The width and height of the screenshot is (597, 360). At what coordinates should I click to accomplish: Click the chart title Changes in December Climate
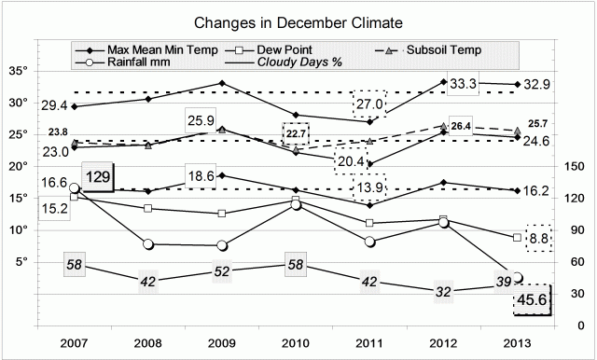(x=298, y=21)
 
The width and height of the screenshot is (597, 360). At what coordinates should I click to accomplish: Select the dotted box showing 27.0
(x=370, y=104)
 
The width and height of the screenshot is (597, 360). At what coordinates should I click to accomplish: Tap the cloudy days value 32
(x=441, y=292)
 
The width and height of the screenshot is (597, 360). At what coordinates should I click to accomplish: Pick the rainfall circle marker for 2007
(x=75, y=188)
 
